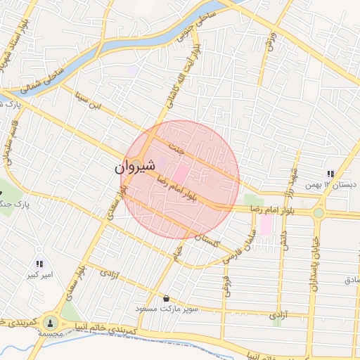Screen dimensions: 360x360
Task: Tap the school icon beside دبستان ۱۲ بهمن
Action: point(329,174)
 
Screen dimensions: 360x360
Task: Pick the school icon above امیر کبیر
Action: point(39,264)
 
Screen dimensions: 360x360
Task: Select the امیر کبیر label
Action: point(38,275)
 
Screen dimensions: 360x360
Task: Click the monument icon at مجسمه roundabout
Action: point(49,323)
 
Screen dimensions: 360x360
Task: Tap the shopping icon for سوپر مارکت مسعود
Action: point(165,298)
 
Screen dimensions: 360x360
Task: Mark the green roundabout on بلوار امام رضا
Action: point(318,212)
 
